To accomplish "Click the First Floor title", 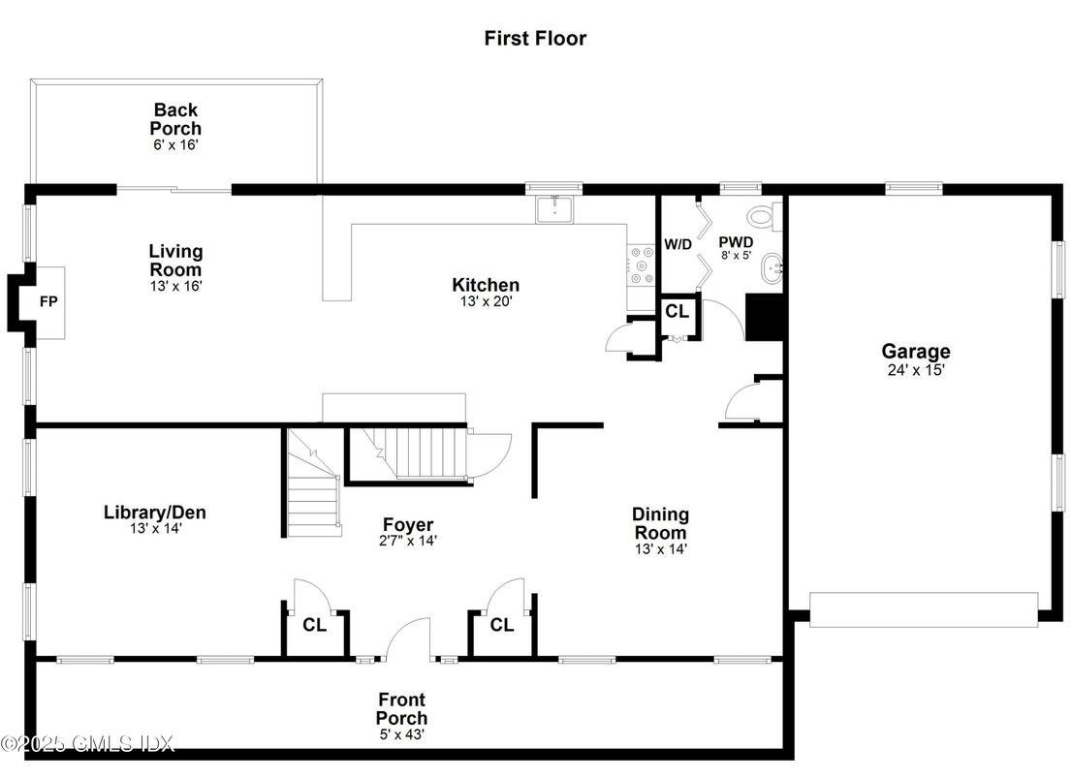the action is coord(535,38).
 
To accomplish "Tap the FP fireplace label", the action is coord(48,301).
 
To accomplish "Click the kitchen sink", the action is coord(555,210).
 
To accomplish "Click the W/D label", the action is coord(678,244).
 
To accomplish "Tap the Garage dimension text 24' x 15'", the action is coord(916,370).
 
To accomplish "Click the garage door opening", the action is coord(924,609).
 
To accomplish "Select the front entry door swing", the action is coord(408,639).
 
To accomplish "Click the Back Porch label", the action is coord(175,119).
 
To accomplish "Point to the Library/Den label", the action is coord(154,512).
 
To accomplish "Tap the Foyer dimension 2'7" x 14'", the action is coord(408,541).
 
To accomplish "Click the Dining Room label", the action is coord(660,523).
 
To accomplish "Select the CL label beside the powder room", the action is coord(677,312).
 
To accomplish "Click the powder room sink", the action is coord(772,268).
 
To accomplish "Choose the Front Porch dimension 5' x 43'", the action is coord(402,734).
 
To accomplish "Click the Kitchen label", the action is coord(486,285).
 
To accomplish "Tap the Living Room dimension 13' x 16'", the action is coord(176,287).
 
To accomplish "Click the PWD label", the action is coord(737,242).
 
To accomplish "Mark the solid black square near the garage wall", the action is coord(765,317).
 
